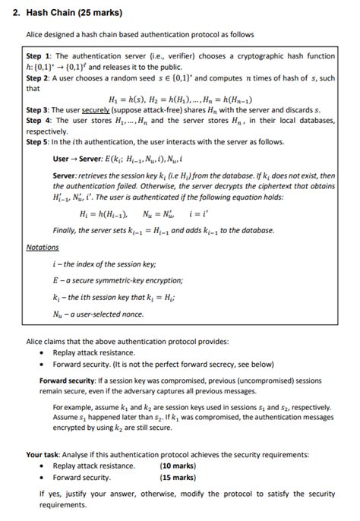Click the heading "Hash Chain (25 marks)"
coord(68,13)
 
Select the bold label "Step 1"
coord(38,56)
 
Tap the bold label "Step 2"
coord(38,78)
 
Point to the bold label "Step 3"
coord(38,111)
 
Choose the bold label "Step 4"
coord(38,121)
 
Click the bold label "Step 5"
coord(38,141)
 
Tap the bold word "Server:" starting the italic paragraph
coord(66,175)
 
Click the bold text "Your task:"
coord(46,455)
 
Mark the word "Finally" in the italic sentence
coord(65,230)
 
